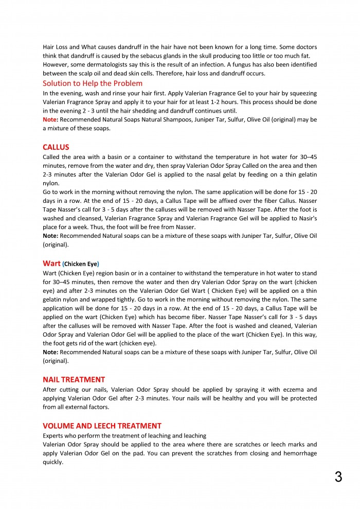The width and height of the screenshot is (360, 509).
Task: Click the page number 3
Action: [338, 477]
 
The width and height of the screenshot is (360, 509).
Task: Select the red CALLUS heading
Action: [56, 147]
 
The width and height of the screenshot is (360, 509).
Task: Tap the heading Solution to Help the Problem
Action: [93, 83]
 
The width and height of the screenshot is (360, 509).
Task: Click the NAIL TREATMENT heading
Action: [74, 379]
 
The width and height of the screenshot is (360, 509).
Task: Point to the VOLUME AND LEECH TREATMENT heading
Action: [102, 426]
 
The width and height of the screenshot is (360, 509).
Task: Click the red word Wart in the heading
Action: [51, 263]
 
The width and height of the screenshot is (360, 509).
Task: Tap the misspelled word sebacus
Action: [145, 56]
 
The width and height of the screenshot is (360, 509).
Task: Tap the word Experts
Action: [54, 435]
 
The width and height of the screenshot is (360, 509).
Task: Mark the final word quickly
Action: [53, 462]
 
